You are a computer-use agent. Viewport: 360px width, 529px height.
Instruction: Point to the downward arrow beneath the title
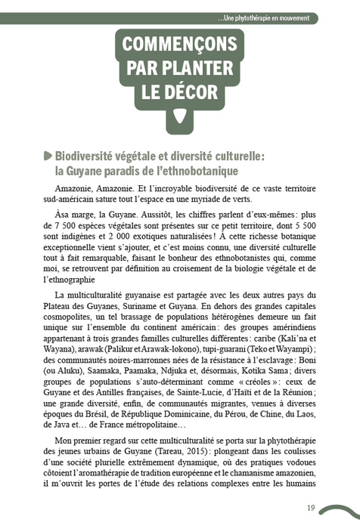click(x=178, y=117)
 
